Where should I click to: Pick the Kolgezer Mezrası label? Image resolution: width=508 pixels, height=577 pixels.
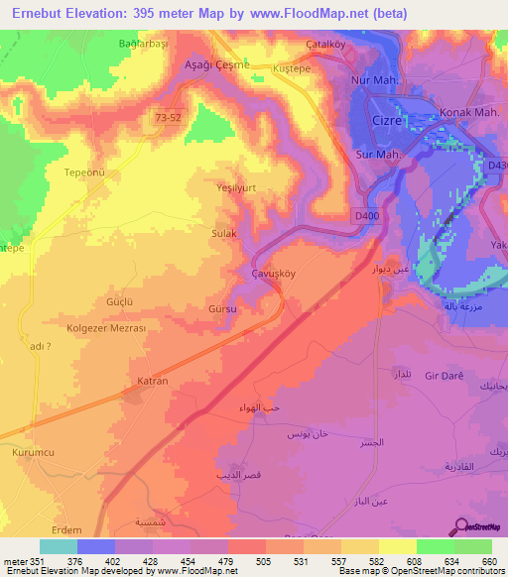click(106, 328)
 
